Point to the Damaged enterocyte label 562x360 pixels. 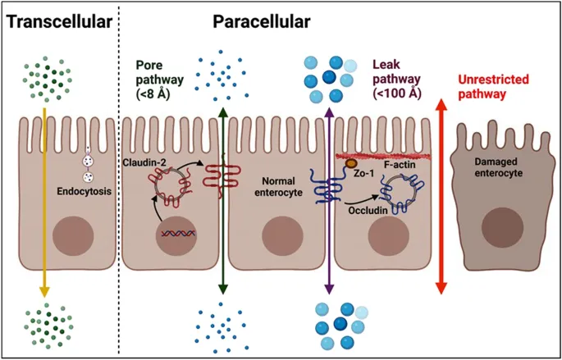497,171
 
